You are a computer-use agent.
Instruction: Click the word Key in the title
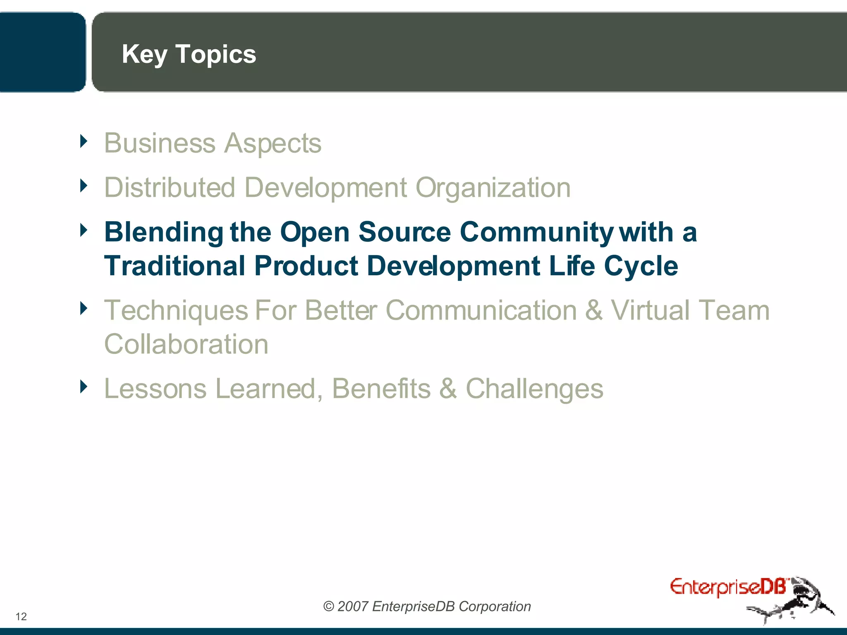144,55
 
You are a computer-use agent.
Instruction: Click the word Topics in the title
215,55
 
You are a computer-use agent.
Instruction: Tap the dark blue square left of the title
41,52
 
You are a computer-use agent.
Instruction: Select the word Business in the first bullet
160,143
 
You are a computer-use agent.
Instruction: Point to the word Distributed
170,188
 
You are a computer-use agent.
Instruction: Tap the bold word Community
536,232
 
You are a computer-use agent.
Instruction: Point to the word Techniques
176,311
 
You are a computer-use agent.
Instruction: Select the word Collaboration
186,344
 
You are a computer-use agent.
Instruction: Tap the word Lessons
155,389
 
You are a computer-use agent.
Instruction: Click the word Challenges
534,389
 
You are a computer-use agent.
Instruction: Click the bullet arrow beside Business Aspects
84,141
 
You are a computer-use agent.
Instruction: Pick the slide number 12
21,616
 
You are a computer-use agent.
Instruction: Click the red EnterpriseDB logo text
728,587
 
